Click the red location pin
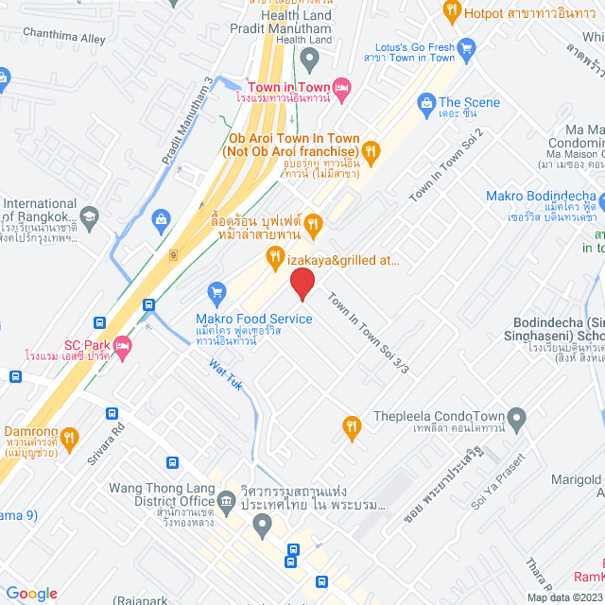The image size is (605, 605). click(302, 283)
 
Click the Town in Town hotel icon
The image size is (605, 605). click(342, 87)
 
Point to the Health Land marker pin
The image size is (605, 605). click(308, 60)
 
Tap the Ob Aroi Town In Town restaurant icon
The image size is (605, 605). click(372, 149)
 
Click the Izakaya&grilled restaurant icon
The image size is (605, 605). click(274, 256)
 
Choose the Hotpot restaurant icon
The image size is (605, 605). click(452, 11)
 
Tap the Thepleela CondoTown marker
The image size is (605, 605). click(516, 416)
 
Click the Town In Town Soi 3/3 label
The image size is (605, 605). click(368, 334)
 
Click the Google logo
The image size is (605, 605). click(32, 593)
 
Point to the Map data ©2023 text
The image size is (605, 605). click(562, 596)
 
